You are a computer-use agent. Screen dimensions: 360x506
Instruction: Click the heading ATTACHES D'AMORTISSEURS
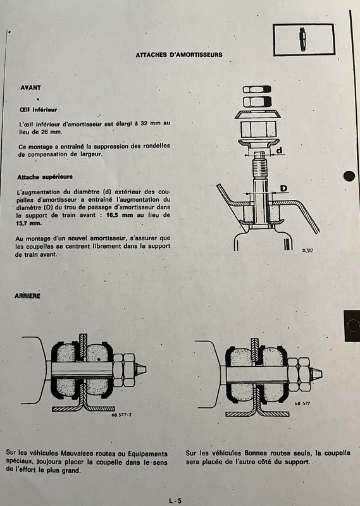coord(179,55)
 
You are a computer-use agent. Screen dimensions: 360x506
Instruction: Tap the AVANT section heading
coord(30,87)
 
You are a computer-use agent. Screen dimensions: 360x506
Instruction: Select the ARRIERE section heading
coord(27,296)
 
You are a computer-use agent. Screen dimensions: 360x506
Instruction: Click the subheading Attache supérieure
coord(45,177)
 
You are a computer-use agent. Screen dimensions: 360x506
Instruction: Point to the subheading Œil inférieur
coord(38,109)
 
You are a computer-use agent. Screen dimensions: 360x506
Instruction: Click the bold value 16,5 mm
coord(120,215)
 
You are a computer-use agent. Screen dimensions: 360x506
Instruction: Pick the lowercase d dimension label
coord(279,150)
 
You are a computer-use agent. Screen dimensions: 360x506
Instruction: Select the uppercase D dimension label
coord(283,188)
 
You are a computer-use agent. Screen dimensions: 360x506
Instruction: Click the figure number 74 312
coord(307,250)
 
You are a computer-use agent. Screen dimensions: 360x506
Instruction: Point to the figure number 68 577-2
coord(121,415)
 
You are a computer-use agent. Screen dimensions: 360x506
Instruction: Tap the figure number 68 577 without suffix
coord(302,404)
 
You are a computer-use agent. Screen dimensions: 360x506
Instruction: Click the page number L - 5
coord(175,500)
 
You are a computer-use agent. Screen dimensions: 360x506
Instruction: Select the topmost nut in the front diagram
coord(257,89)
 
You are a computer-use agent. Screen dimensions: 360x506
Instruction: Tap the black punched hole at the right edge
coord(349,176)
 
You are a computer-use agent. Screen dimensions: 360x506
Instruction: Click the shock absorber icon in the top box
coord(302,39)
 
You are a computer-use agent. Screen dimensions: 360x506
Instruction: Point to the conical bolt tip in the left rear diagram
coord(140,369)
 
